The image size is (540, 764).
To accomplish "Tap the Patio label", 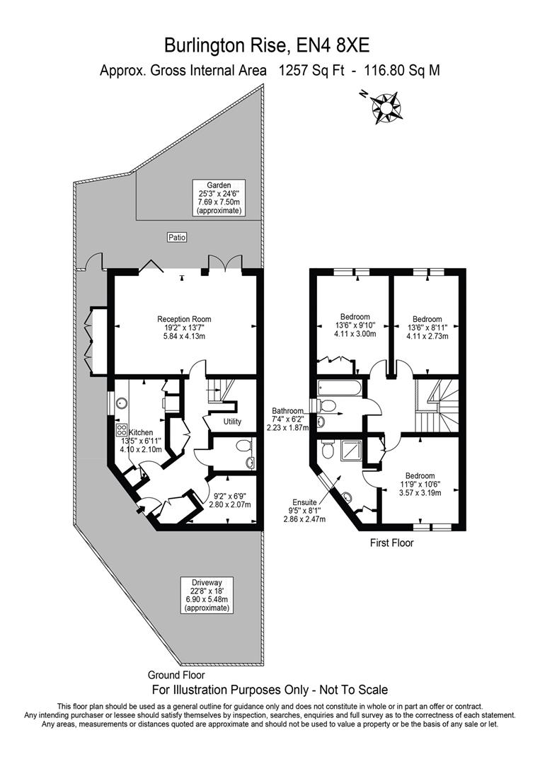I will (x=177, y=238).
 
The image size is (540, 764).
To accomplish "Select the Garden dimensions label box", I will (x=219, y=197).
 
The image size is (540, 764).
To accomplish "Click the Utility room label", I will (x=232, y=422).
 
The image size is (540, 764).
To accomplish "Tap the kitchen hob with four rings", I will (x=121, y=429).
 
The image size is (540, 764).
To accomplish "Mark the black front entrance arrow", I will (x=142, y=504).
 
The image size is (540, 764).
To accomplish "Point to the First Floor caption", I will (x=392, y=543).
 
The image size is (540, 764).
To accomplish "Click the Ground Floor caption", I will (x=176, y=675).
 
